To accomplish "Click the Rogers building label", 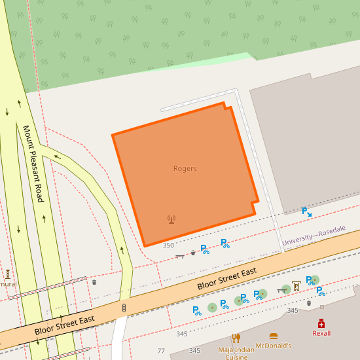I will click(185, 169).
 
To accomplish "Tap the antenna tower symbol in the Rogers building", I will click(171, 219).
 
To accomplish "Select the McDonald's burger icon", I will click(273, 336).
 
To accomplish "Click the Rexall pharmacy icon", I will click(321, 323).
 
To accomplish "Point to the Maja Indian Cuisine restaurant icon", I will click(236, 338).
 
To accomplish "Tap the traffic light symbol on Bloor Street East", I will click(124, 307).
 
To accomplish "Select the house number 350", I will click(168, 245).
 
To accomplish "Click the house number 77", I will click(161, 351).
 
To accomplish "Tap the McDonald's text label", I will click(273, 346).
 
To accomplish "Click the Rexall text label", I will click(321, 333).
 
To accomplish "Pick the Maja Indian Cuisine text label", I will click(236, 353).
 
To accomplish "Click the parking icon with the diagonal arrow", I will click(306, 211).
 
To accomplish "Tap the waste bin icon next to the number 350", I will click(192, 253).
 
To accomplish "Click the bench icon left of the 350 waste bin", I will click(180, 256).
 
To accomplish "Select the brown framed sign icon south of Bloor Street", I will click(296, 285).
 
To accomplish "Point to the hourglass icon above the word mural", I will click(8, 274).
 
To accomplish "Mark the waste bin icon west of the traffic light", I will click(94, 282).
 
